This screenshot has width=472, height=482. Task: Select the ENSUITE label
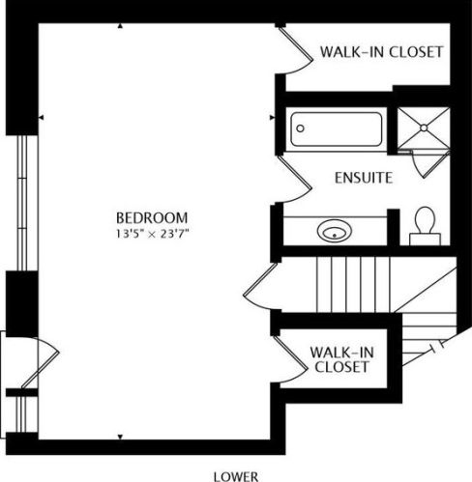(363, 179)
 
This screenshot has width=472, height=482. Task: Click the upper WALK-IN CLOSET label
(381, 51)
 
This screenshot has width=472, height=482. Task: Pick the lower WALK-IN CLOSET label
(339, 359)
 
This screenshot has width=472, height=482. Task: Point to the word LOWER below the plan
(236, 475)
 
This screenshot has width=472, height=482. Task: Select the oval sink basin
(334, 233)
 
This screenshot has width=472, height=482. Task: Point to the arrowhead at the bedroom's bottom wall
(120, 436)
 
